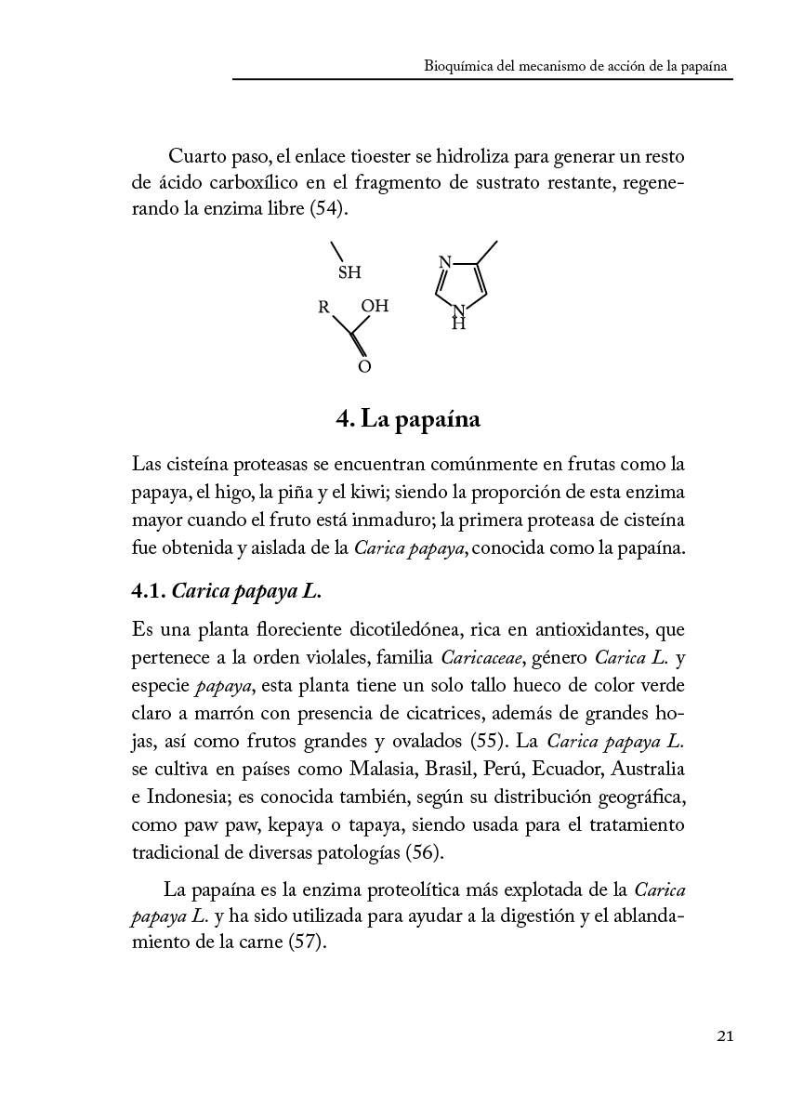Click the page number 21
tap(725, 1036)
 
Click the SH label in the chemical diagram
tap(349, 273)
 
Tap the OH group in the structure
tap(375, 306)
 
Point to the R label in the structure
tap(324, 306)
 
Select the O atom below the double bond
tap(364, 367)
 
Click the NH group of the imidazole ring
tap(458, 318)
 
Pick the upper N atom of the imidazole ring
tap(444, 263)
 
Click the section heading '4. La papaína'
tap(408, 419)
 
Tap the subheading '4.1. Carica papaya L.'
tap(227, 591)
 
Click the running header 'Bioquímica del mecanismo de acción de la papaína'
tap(574, 67)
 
